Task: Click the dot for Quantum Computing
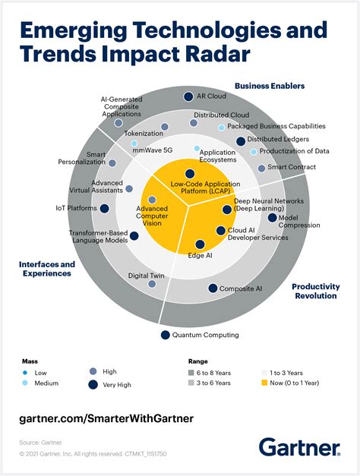click(164, 335)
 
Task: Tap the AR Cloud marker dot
click(188, 96)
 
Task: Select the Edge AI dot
click(200, 244)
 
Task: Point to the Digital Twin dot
click(152, 284)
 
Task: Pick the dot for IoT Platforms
click(104, 208)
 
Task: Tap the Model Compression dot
click(273, 217)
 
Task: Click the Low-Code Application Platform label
click(190, 188)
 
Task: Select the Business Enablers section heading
click(269, 86)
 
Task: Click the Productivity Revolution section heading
click(315, 291)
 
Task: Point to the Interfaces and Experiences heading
click(46, 269)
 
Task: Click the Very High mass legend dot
click(93, 385)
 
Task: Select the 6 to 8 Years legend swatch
click(191, 372)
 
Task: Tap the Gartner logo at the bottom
click(301, 446)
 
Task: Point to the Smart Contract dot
click(261, 168)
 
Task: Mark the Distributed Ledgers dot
click(241, 140)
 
